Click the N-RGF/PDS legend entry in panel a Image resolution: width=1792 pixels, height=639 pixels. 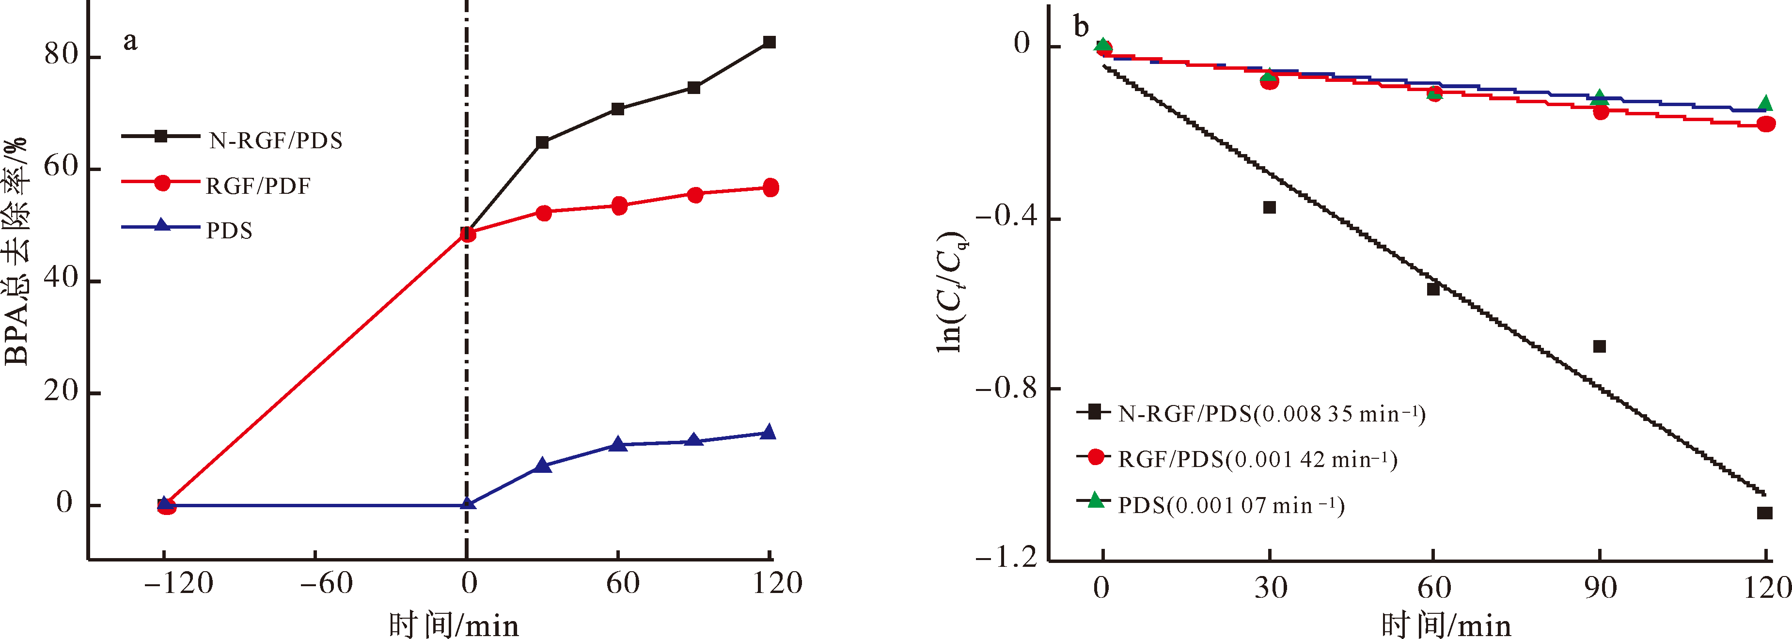[x=275, y=140]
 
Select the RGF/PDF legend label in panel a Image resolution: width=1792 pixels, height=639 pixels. [x=258, y=186]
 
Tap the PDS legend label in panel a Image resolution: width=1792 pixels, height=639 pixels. [x=229, y=230]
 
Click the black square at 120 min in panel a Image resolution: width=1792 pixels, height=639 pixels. [x=769, y=43]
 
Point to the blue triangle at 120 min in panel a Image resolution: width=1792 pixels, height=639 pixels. [x=768, y=433]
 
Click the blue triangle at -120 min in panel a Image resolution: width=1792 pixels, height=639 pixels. [x=164, y=503]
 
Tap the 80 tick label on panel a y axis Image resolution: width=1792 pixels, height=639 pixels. [x=61, y=54]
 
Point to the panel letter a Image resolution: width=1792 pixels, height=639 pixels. [x=130, y=41]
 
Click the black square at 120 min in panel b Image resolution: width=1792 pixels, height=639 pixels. [x=1764, y=513]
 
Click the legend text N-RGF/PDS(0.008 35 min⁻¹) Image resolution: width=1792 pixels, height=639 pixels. [x=1272, y=414]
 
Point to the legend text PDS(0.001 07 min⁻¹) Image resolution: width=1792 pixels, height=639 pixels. [x=1231, y=505]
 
